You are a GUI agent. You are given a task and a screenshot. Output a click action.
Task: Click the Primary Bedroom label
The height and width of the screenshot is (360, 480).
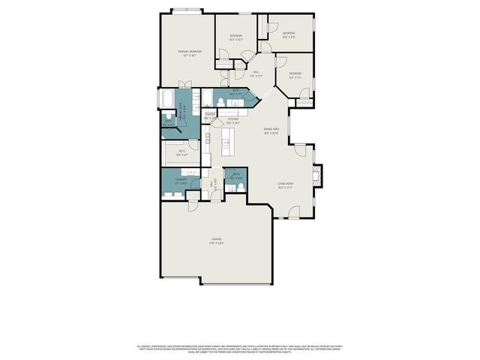click(187, 53)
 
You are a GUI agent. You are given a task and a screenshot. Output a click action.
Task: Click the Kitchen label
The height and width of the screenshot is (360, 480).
click(233, 120)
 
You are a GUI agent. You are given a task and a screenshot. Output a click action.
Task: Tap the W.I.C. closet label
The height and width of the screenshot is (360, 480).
click(182, 152)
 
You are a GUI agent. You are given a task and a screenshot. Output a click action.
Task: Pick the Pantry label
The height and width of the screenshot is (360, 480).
click(211, 115)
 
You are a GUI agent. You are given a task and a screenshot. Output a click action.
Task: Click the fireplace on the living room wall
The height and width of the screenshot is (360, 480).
click(316, 177)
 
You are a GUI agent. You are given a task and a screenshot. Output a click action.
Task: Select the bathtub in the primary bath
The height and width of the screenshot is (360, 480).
click(167, 99)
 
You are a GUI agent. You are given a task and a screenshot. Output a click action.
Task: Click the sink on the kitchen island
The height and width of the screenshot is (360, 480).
click(227, 141)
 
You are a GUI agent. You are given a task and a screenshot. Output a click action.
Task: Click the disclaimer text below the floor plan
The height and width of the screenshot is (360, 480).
click(240, 349)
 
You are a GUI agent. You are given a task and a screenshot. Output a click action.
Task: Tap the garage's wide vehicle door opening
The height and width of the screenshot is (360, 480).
click(234, 283)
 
